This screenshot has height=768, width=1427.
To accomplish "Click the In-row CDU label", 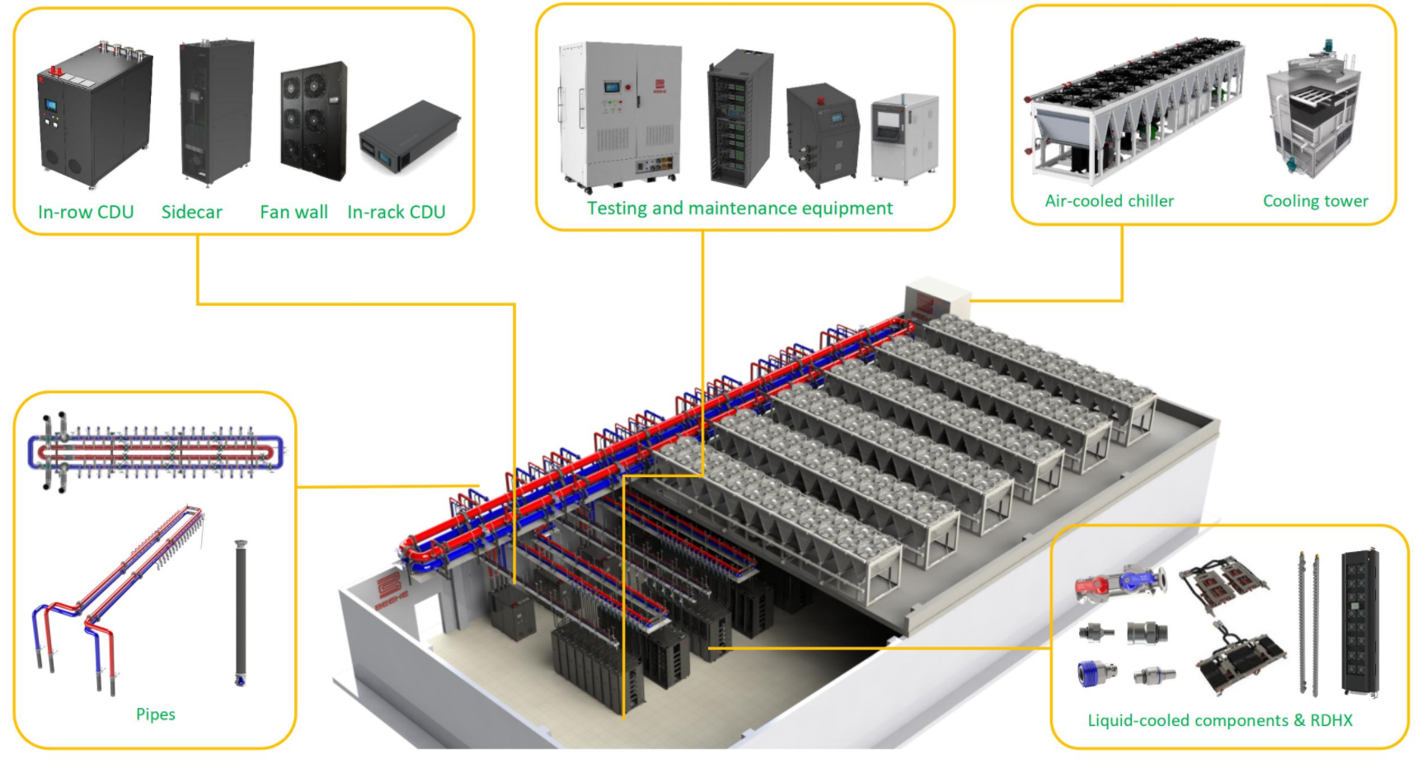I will click(86, 212).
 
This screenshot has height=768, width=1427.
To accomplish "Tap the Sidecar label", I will click(191, 212).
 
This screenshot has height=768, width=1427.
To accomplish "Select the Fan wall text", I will click(293, 212).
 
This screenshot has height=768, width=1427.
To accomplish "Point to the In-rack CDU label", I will click(396, 212).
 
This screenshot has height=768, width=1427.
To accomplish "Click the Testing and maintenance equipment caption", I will click(739, 208).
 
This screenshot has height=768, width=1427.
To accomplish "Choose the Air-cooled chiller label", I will click(1109, 200).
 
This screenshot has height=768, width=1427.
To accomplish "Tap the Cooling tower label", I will click(1315, 200).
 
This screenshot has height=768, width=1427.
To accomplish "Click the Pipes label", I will click(155, 714).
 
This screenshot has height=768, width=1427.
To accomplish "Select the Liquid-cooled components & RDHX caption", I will click(1219, 720).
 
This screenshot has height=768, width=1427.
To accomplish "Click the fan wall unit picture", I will click(313, 120).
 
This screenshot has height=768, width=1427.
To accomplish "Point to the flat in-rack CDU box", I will click(410, 136).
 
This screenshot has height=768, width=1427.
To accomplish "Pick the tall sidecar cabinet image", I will click(216, 110).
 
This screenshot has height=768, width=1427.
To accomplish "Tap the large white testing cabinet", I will click(620, 115).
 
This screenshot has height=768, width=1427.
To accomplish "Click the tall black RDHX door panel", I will click(1360, 621).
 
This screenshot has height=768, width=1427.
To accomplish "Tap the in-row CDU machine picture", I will click(95, 115).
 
